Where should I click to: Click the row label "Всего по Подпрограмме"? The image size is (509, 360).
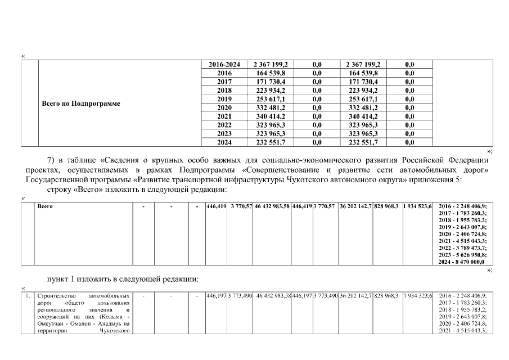81,104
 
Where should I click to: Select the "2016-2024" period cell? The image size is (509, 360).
224,65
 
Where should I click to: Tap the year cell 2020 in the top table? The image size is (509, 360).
224,107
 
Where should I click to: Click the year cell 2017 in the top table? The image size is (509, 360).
224,82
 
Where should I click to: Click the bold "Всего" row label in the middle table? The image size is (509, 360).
45,207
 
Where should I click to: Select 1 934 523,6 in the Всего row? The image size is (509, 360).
417,207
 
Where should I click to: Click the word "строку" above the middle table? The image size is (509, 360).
61,190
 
